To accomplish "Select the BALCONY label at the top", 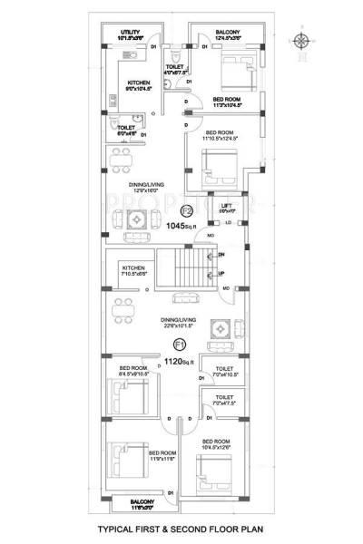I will pyautogui.click(x=227, y=32).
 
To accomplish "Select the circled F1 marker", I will pyautogui.click(x=180, y=345).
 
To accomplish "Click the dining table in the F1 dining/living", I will pyautogui.click(x=121, y=314).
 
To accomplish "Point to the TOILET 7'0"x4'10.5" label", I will pyautogui.click(x=223, y=371).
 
